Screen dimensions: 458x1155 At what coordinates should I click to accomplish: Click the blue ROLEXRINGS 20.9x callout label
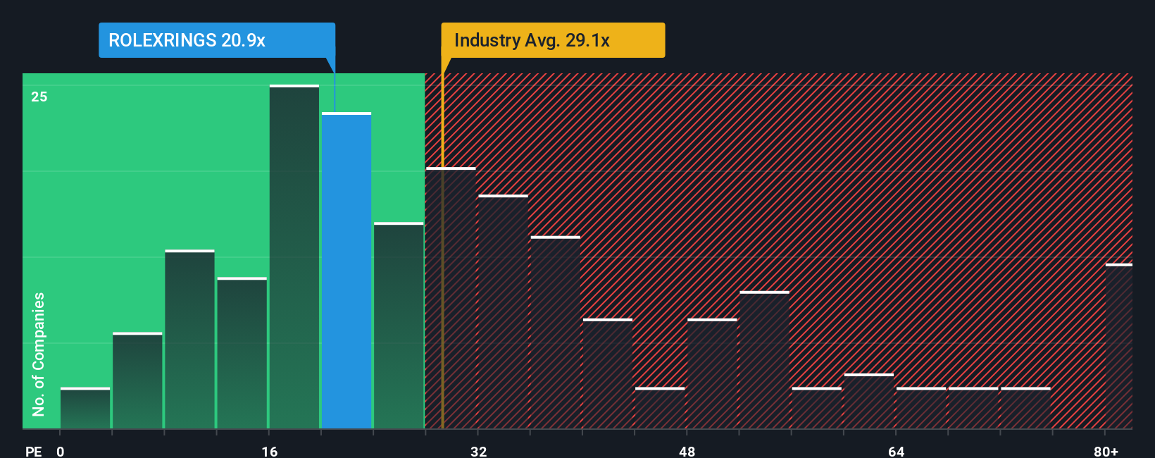point(216,40)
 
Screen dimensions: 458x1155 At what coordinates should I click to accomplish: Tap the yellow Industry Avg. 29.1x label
point(553,40)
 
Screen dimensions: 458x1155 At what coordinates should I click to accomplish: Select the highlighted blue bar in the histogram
point(346,271)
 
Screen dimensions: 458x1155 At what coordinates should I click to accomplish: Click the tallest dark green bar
point(294,257)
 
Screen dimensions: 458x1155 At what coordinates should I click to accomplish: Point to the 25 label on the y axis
point(39,97)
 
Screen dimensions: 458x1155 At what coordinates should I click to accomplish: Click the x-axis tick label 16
point(269,451)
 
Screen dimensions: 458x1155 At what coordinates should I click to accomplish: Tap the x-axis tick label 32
point(478,451)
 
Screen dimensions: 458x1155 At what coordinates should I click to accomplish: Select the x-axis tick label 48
point(687,451)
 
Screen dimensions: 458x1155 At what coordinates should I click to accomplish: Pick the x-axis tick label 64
point(896,451)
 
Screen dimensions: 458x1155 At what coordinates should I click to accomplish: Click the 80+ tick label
point(1106,451)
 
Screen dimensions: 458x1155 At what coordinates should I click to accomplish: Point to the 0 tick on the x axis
point(61,451)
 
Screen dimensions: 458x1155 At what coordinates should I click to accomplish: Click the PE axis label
point(33,451)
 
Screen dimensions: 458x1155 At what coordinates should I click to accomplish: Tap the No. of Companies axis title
point(39,354)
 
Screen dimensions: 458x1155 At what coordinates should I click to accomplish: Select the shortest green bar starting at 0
point(85,409)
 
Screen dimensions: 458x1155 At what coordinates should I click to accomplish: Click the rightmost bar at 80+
point(1118,347)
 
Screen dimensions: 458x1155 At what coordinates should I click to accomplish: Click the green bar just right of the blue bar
point(399,326)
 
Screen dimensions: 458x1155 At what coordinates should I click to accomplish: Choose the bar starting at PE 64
point(921,409)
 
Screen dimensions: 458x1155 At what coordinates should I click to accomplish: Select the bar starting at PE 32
point(503,312)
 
